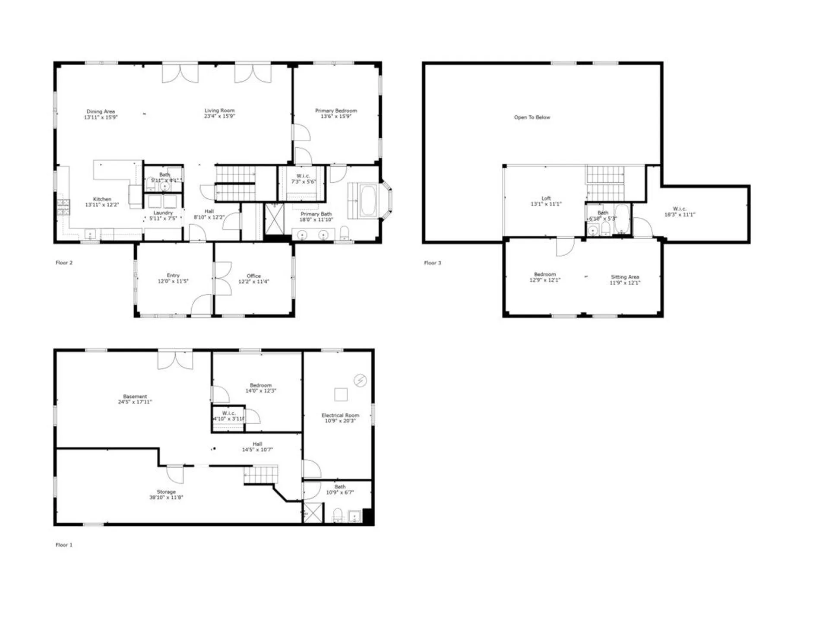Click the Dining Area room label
coord(101,111)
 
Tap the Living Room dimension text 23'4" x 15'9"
coord(219,116)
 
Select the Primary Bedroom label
coord(336,111)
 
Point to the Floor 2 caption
coord(64,263)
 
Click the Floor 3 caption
coord(433,263)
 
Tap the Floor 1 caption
coord(64,545)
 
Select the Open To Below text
coord(532,117)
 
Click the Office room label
coord(253,276)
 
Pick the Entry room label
coord(173,275)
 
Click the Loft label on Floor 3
coord(546,198)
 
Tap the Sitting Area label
coord(625,277)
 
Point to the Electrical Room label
coord(340,415)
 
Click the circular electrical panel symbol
coord(360,380)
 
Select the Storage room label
coord(166,492)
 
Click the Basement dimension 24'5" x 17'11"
coord(135,402)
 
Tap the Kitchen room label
coord(102,199)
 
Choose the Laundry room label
coord(163,213)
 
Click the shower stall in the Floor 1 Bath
coord(313,513)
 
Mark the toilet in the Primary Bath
coord(345,234)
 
